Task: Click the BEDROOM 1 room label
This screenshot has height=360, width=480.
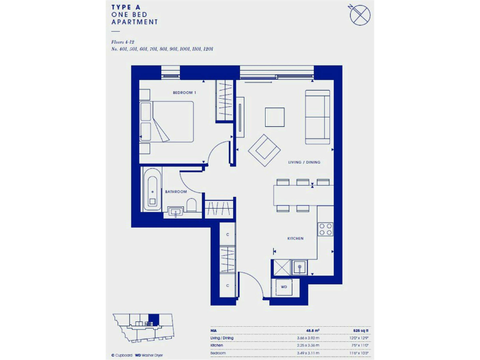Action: (184, 92)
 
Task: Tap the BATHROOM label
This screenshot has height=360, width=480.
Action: (176, 192)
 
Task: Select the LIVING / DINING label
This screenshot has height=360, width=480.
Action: (304, 162)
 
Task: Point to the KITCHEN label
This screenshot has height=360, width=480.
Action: (295, 239)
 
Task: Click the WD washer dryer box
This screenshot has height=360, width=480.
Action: (283, 287)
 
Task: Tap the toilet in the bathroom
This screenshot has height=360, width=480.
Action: (193, 206)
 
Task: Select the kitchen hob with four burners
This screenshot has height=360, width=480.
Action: (325, 229)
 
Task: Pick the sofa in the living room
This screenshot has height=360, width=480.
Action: (317, 117)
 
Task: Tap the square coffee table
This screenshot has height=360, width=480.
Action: (274, 117)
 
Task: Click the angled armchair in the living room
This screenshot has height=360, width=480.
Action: (264, 149)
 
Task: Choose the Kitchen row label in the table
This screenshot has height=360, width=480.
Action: (218, 344)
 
